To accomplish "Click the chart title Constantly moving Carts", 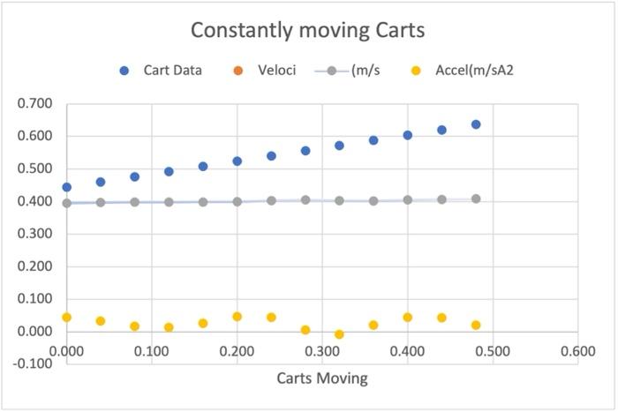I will (309, 31).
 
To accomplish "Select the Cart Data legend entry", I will (173, 70).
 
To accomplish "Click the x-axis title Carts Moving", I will (322, 378).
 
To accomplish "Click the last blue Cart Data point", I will (476, 124).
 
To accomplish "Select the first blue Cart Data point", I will (67, 187).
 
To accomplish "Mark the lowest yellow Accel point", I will (339, 334).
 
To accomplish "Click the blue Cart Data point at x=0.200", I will (237, 161).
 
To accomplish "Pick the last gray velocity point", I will (476, 199).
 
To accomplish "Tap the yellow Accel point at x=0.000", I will (67, 317).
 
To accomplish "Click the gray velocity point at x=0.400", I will (407, 199).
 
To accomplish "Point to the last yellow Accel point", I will (476, 325).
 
